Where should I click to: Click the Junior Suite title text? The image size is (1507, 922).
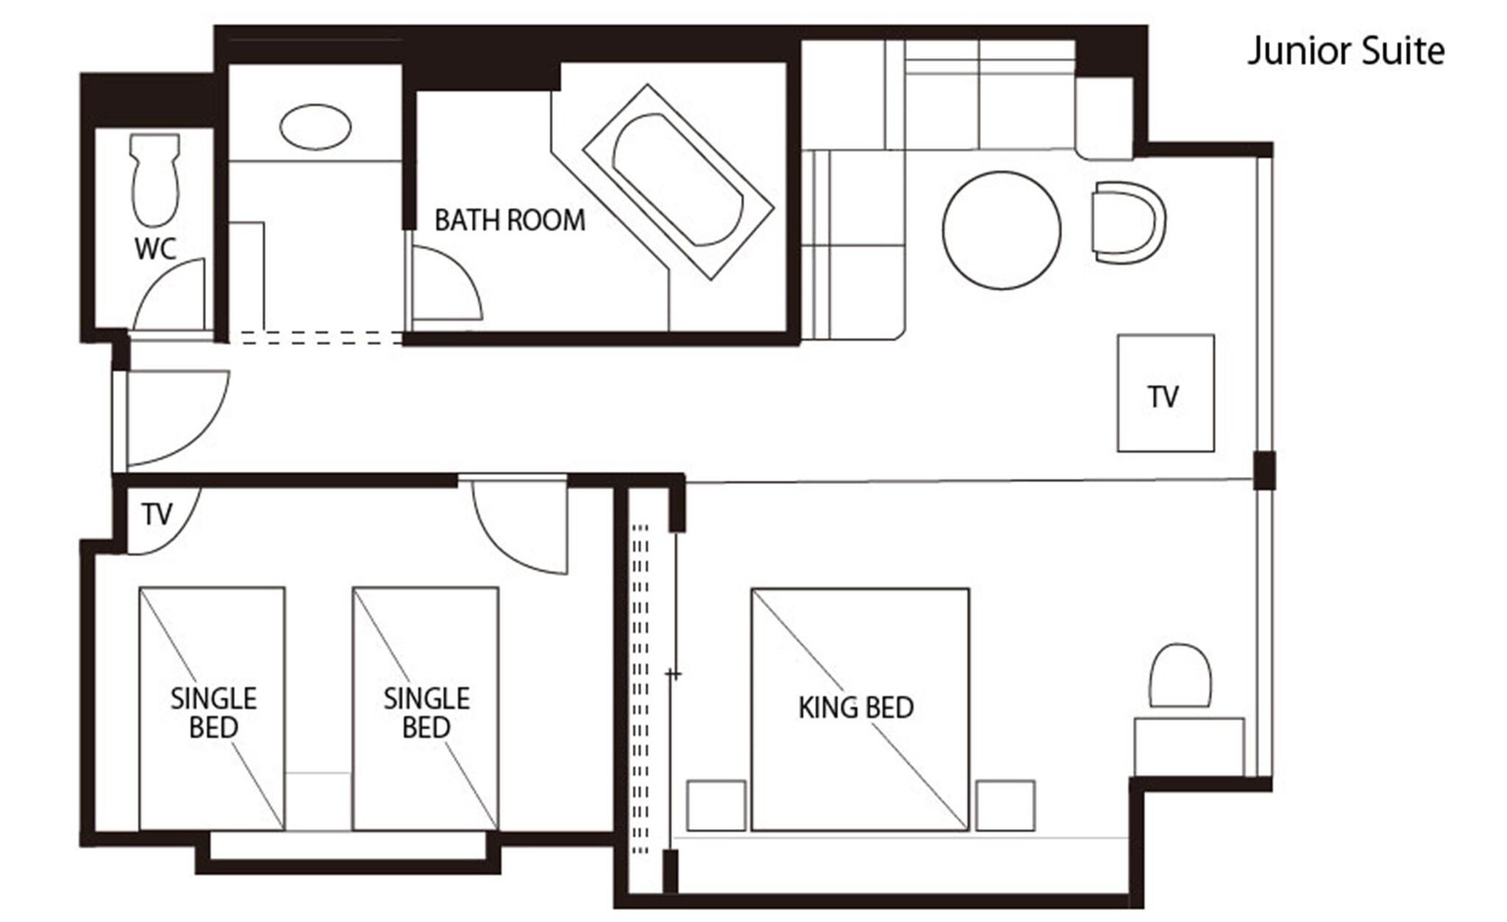pos(1346,52)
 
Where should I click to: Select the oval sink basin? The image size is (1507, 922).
pos(315,127)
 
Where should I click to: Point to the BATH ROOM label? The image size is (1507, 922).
pos(509,220)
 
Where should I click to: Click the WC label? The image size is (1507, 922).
pos(155,249)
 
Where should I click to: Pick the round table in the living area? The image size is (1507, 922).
pos(1001,230)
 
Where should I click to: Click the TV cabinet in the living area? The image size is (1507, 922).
pos(1165,393)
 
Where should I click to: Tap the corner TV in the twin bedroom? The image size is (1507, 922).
pos(157,515)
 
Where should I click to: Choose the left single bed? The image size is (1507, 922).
pos(212,708)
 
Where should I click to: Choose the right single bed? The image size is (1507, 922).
pos(425,708)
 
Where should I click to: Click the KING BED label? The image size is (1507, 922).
pos(856,708)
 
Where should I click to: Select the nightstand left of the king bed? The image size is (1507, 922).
pos(715,806)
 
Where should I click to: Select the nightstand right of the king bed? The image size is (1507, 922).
pos(1005,806)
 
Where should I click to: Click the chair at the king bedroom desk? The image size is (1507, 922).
pos(1180,675)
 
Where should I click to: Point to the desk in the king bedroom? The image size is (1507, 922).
pos(1188,746)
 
